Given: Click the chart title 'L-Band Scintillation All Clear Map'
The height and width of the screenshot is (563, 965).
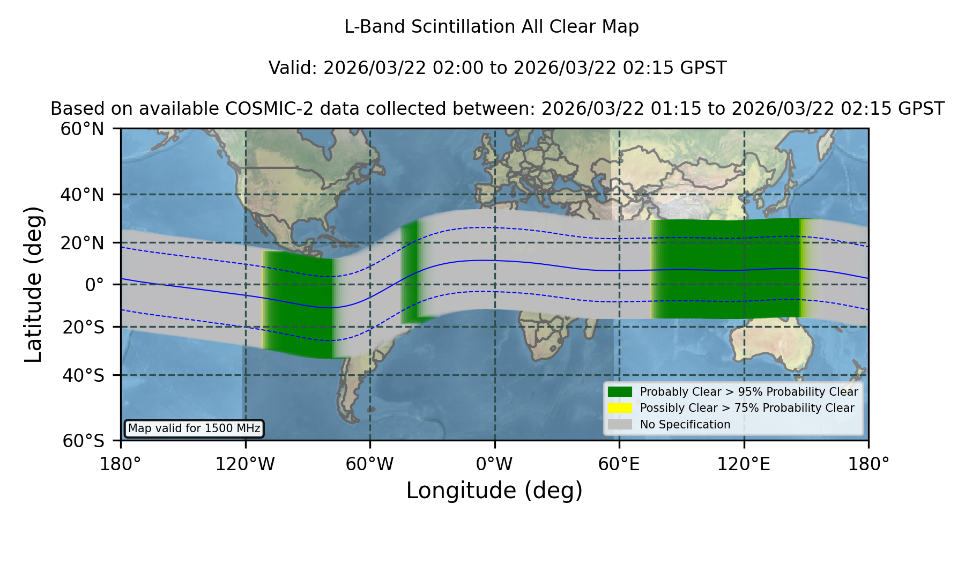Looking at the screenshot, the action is click(x=491, y=27).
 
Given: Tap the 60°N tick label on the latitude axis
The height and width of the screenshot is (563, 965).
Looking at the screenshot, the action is click(x=82, y=129).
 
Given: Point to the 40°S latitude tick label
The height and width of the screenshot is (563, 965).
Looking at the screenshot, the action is click(x=83, y=375).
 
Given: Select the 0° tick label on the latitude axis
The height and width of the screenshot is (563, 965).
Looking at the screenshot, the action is click(x=95, y=285).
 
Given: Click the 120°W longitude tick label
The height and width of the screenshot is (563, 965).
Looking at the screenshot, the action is click(x=245, y=464).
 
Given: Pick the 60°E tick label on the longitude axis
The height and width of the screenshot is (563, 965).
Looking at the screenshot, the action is click(x=619, y=464).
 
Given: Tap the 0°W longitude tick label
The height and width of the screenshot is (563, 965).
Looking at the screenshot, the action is click(x=494, y=464).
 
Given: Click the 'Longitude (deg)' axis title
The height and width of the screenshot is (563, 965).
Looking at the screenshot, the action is click(x=494, y=491).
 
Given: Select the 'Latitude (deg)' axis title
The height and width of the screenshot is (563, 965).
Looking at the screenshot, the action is click(x=33, y=284).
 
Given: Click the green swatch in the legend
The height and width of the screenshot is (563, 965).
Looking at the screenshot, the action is click(x=620, y=392).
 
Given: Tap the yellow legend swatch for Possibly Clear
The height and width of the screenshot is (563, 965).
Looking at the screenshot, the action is click(x=620, y=408).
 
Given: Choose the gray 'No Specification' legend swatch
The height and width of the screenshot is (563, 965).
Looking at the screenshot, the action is click(x=620, y=425).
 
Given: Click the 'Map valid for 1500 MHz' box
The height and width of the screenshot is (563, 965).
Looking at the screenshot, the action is click(x=194, y=428).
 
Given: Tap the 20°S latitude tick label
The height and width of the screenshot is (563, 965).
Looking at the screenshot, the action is click(x=83, y=327).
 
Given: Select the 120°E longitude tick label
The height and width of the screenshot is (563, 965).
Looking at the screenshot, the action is click(x=744, y=464).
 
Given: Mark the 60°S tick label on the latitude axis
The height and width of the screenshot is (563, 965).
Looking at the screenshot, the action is click(x=83, y=441).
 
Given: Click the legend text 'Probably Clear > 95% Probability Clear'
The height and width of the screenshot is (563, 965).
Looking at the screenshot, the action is click(x=749, y=392).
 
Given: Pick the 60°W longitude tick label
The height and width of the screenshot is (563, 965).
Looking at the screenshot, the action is click(x=370, y=464).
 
